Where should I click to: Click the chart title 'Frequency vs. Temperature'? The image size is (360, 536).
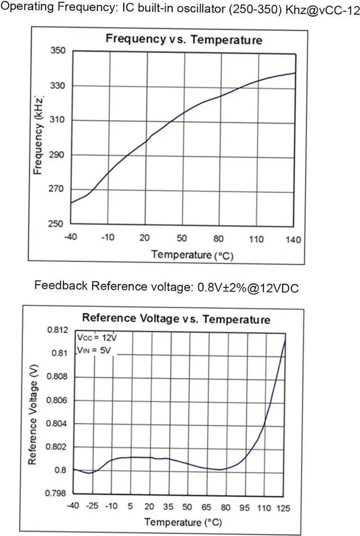(x=184, y=40)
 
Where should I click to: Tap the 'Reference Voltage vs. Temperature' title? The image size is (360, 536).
(x=176, y=319)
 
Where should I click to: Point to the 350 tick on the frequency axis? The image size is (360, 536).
(x=58, y=51)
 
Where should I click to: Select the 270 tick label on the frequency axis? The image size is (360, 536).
(x=58, y=189)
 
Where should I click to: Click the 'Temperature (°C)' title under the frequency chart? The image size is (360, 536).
(x=192, y=255)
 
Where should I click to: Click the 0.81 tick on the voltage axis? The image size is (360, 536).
(x=57, y=353)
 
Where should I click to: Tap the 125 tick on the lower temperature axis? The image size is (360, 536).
(x=283, y=507)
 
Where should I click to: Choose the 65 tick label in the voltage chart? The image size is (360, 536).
(x=206, y=507)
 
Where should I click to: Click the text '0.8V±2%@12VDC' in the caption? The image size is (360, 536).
(x=247, y=287)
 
